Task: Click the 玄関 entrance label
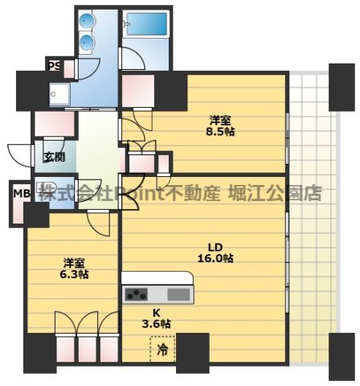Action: tap(54, 156)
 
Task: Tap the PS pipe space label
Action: tap(55, 66)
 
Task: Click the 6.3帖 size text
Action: tap(74, 273)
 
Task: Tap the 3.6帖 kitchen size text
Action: tap(157, 323)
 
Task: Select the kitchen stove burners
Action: tap(137, 294)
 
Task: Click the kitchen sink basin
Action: tap(178, 294)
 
